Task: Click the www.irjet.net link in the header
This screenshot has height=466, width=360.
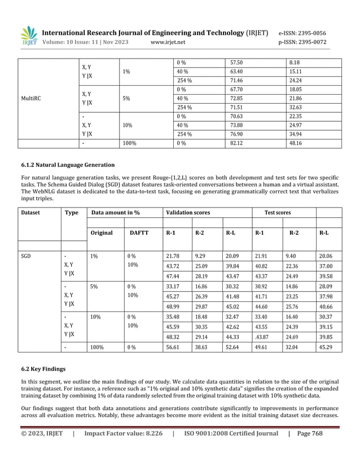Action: pos(168,42)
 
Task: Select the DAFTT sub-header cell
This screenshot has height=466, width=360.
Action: pos(139,232)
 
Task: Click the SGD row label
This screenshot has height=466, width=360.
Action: pos(26,256)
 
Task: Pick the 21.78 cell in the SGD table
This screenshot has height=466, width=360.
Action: pos(174,256)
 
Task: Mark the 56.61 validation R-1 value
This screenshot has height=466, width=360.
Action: pos(174,348)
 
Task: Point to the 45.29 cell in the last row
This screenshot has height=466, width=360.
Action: pos(326,348)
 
